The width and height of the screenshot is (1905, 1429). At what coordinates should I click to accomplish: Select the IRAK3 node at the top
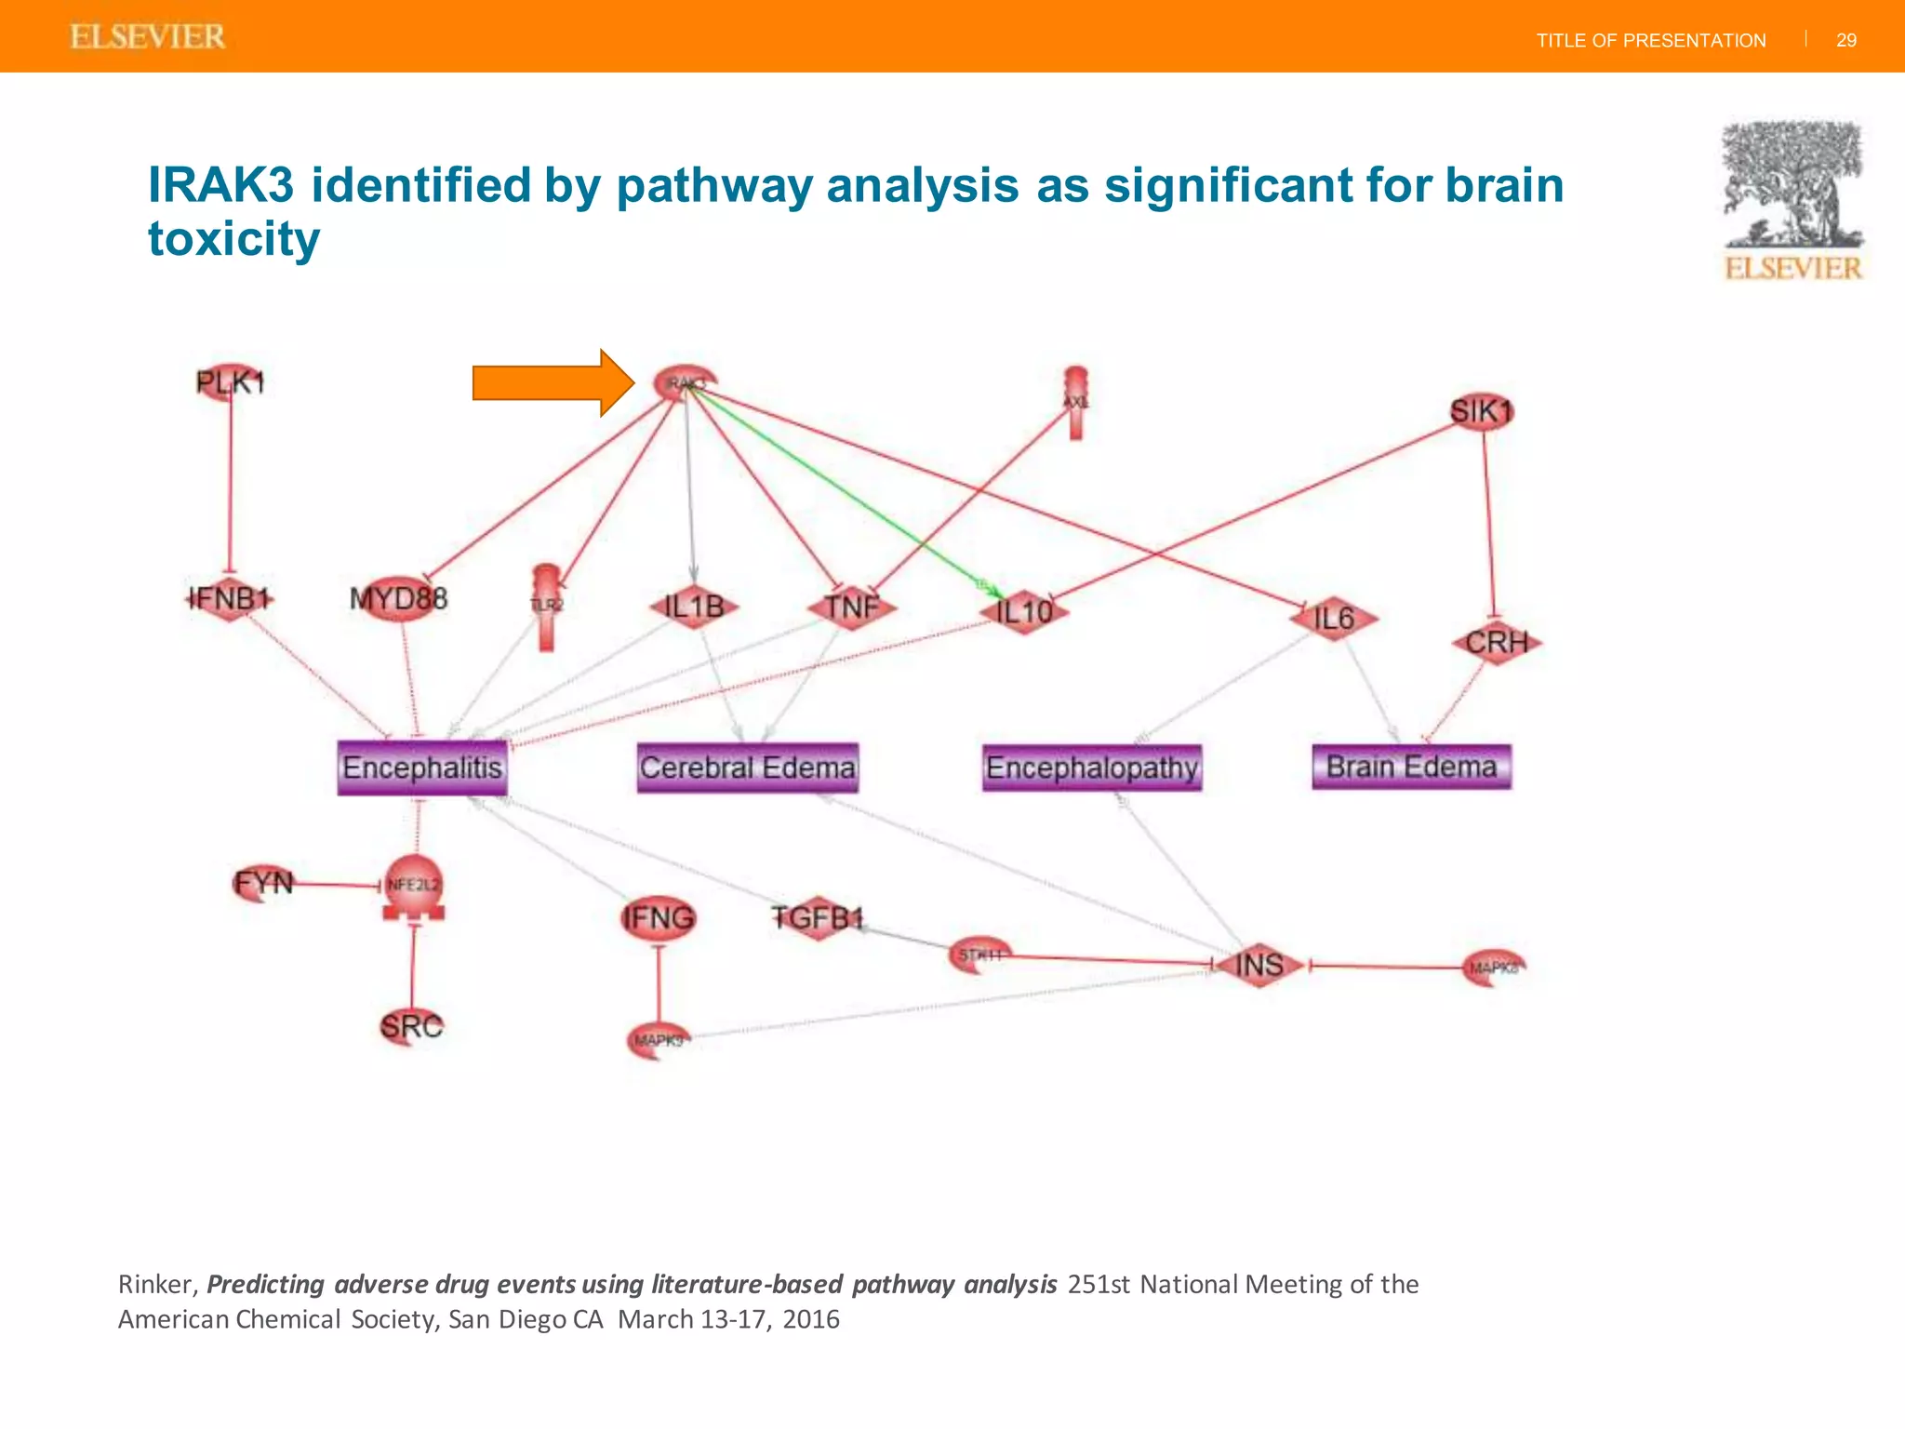[686, 382]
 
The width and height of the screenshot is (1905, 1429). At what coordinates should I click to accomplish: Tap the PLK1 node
[230, 382]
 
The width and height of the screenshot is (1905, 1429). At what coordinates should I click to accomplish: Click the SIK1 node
[1482, 411]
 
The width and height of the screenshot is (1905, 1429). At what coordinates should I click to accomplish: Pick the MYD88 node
[399, 598]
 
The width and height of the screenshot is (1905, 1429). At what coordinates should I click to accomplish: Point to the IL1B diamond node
[694, 608]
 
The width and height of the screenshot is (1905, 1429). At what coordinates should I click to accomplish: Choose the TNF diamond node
[852, 608]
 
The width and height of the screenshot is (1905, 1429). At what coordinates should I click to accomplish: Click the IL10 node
[1023, 611]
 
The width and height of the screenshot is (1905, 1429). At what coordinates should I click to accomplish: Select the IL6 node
[1333, 619]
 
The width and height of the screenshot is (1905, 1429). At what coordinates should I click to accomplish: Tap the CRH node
[1496, 642]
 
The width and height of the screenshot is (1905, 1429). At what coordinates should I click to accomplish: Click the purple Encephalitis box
[422, 768]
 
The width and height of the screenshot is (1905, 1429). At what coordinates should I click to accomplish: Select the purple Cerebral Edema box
[747, 768]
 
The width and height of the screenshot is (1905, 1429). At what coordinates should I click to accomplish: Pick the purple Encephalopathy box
[1092, 768]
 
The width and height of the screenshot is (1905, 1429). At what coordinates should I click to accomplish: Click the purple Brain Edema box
[1411, 767]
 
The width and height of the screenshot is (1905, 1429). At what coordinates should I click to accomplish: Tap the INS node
[1259, 965]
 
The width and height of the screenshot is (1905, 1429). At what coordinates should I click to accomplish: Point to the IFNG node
[659, 918]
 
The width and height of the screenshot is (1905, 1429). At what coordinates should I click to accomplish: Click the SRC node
[411, 1026]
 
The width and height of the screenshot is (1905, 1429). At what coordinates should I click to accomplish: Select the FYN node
[263, 882]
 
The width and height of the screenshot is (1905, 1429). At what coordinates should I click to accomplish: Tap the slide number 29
[1846, 40]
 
